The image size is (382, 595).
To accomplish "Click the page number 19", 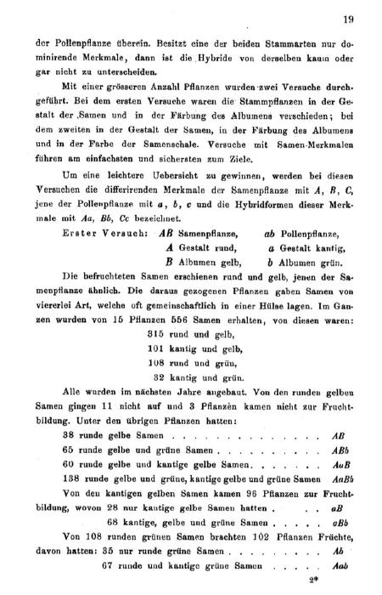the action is (x=347, y=19).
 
